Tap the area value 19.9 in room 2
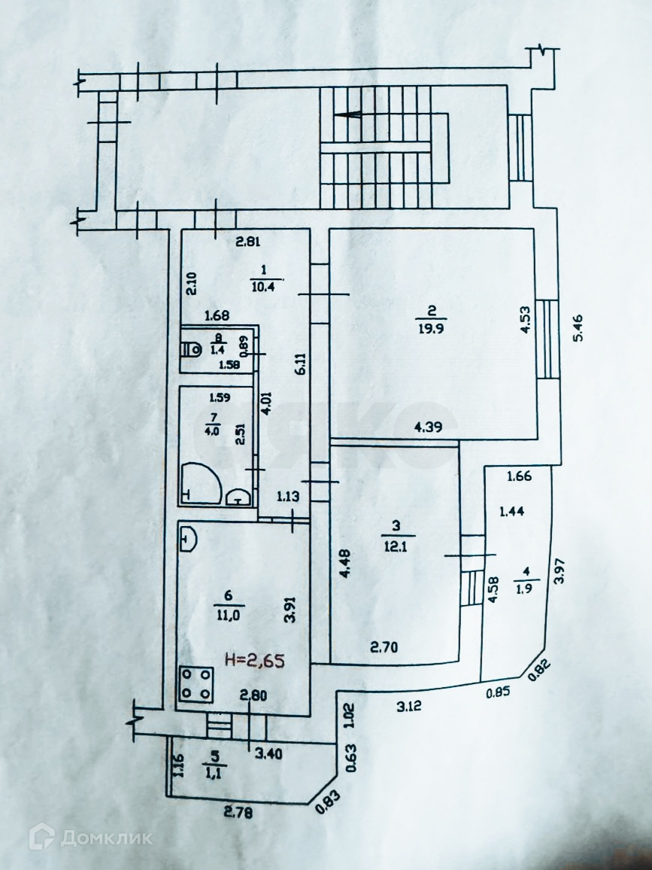(431, 326)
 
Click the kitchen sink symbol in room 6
(188, 537)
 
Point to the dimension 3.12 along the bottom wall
(409, 704)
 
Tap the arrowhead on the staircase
(347, 115)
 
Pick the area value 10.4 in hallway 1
(262, 284)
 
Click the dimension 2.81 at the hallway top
(247, 242)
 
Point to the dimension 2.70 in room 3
(384, 646)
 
